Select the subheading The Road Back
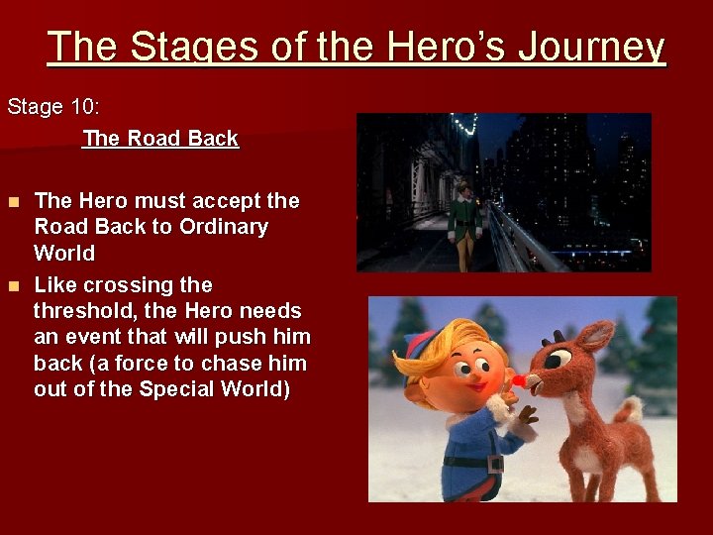[160, 139]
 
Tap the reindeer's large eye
[558, 358]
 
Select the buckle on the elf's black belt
[494, 463]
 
